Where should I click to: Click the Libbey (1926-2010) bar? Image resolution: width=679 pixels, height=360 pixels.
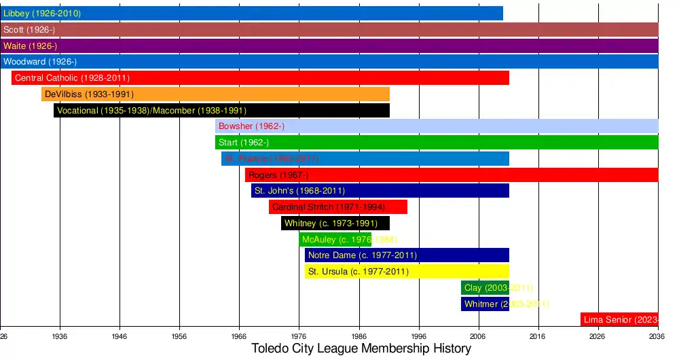coord(251,13)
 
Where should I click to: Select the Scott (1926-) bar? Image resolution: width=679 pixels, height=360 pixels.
coord(329,29)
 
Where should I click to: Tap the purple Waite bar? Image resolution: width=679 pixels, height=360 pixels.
coord(329,46)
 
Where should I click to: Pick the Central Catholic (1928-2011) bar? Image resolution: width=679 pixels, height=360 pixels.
coord(260,78)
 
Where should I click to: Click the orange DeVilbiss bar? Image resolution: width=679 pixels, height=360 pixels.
coord(215,94)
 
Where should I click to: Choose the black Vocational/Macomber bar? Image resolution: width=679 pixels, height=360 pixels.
coord(221,111)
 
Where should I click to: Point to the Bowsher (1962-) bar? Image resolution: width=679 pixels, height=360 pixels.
coord(437,126)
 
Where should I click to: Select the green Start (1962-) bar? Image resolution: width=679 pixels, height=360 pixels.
coord(437,143)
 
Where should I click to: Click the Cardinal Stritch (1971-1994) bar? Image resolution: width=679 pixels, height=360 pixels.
coord(338,207)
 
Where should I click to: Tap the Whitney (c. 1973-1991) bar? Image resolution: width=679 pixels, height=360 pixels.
coord(335,223)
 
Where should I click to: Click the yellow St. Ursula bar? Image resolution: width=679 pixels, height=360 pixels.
coord(407,272)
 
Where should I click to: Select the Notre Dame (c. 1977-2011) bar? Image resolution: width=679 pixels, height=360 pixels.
coord(407,255)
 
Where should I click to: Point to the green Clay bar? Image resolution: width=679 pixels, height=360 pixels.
coord(485,288)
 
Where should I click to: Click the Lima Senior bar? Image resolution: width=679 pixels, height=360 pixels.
coord(619,320)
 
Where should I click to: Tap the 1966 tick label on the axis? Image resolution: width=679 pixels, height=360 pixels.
coord(239,336)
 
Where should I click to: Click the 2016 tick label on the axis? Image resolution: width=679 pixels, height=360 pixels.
coord(538,336)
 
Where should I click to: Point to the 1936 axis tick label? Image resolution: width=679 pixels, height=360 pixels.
coord(60,336)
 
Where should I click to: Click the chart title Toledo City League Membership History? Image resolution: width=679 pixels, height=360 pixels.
coord(361,349)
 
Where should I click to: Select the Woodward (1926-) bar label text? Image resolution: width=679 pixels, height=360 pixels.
coord(40,62)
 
